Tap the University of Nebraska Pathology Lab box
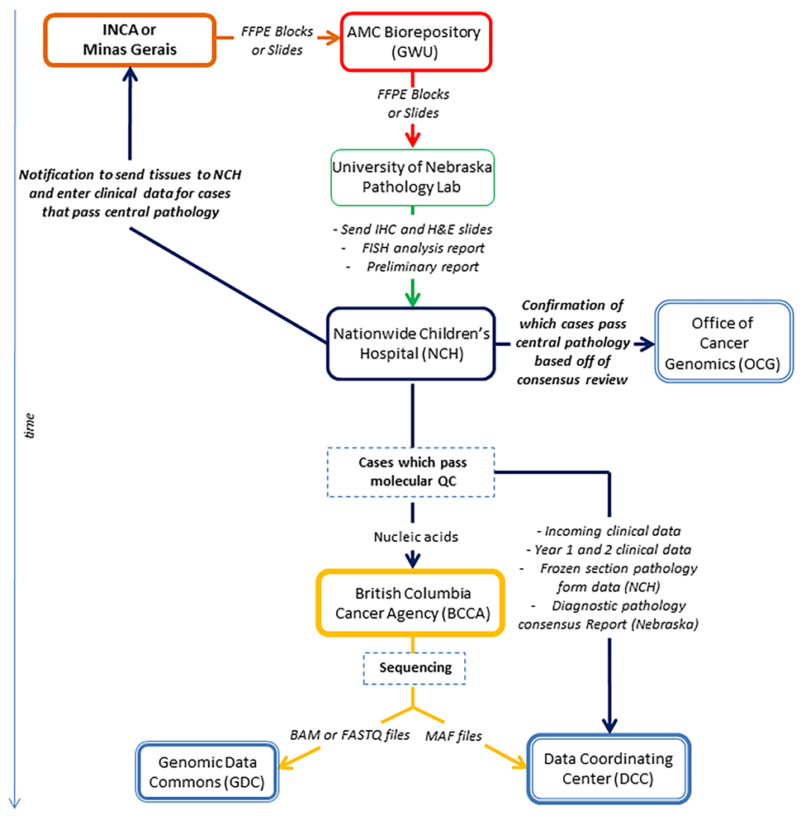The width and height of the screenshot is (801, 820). pos(411,177)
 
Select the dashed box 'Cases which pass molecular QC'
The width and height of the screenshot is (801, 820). pos(411,472)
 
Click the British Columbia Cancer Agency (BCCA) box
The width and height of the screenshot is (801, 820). pos(411,602)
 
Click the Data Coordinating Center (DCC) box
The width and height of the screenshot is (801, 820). pos(609,769)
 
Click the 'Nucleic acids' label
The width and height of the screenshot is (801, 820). pos(411,536)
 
